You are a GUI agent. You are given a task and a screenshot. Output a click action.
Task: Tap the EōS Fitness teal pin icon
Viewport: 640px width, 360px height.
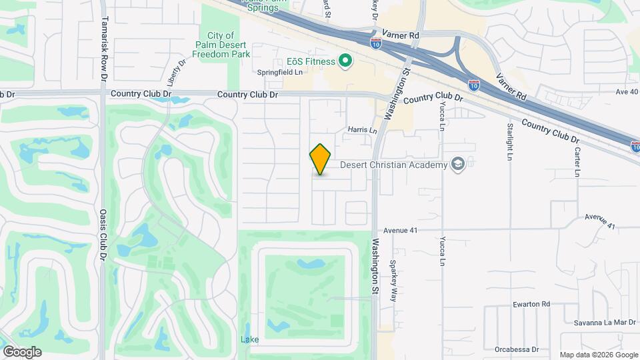coord(345,62)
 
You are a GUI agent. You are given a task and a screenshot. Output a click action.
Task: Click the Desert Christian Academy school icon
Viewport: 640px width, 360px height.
coord(457,164)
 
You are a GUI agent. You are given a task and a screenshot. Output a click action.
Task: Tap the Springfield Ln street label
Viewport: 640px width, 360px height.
coord(280,72)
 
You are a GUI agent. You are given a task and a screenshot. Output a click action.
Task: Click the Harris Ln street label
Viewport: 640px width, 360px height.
coord(362,130)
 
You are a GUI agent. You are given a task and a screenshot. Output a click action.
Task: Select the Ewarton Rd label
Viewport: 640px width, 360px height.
coord(531,304)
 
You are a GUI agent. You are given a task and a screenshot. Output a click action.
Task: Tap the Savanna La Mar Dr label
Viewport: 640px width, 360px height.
coord(605,323)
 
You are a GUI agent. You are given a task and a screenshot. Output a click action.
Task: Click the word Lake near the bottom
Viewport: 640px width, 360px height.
coord(249,340)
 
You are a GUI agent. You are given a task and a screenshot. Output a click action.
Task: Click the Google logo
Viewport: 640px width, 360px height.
coord(22,351)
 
